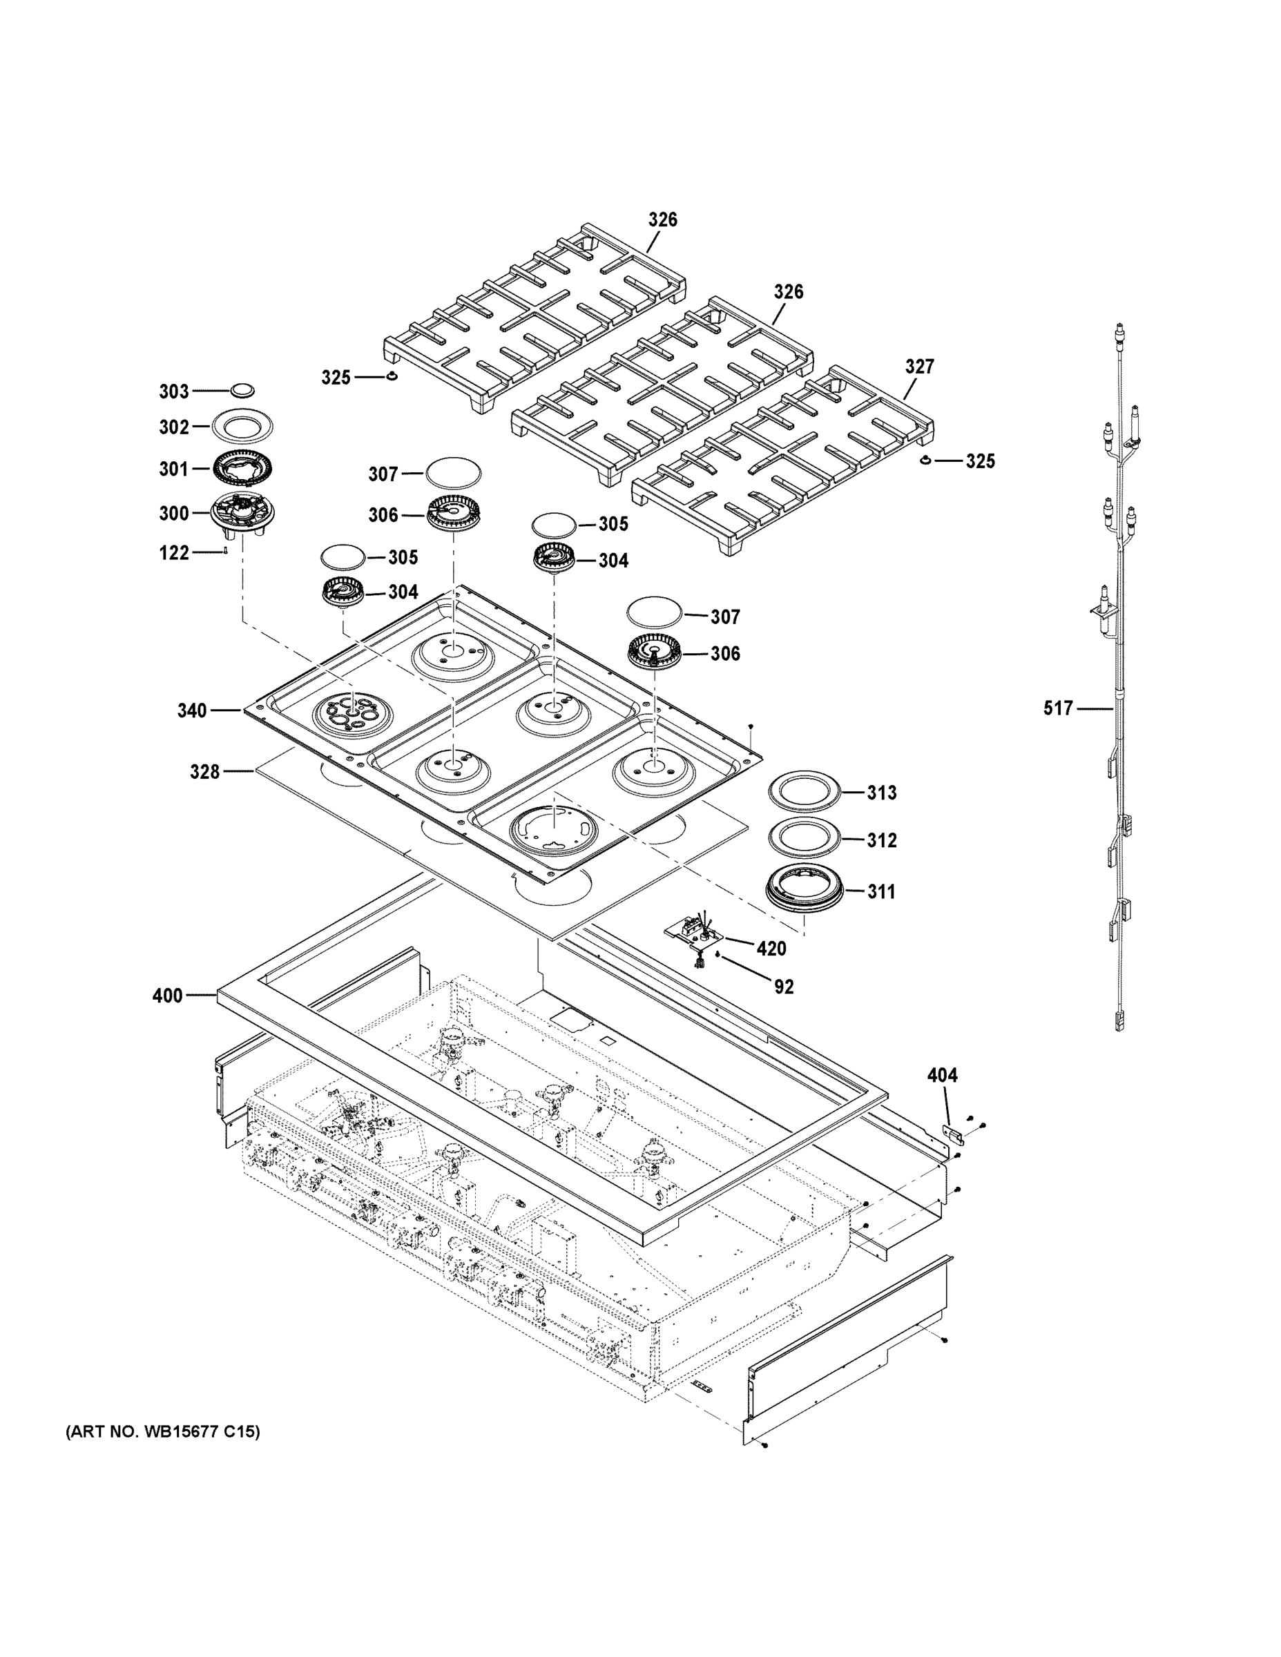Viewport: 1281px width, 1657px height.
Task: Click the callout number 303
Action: coord(173,391)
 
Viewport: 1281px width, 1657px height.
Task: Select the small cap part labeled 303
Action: coord(242,390)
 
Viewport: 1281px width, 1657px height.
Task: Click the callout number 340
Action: coord(191,711)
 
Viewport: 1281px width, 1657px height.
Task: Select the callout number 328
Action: coord(204,772)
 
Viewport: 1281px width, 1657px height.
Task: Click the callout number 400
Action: coord(167,996)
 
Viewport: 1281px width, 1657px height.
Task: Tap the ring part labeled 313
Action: coord(806,793)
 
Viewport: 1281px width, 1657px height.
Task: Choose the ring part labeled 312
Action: coord(806,839)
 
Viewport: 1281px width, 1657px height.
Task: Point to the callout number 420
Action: coord(771,949)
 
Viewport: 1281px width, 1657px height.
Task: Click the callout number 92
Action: coord(783,987)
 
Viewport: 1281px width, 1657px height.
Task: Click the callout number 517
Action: coord(1058,708)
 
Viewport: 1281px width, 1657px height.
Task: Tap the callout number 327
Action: coord(919,367)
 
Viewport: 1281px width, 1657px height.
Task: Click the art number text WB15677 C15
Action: coord(162,1433)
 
